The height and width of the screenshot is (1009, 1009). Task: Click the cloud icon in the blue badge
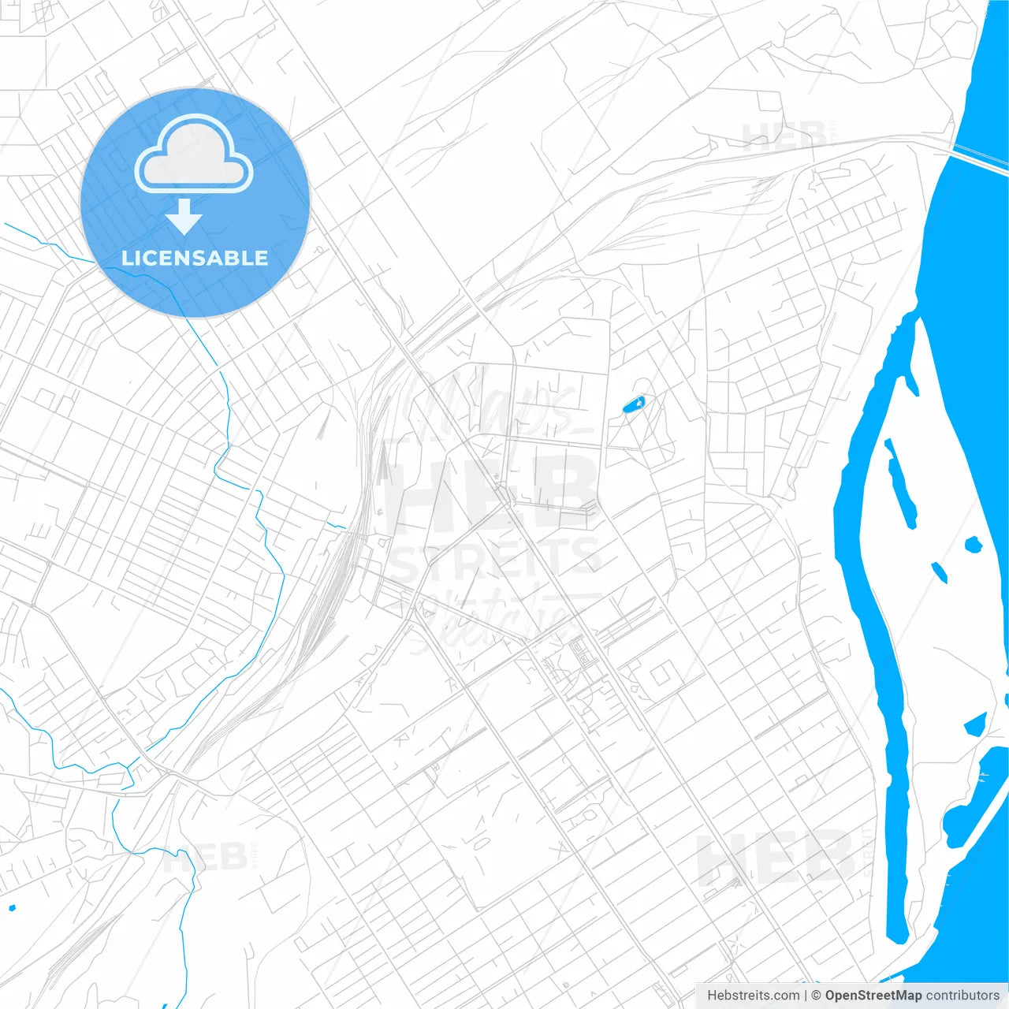pos(194,153)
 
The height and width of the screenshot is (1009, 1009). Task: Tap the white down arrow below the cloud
pos(184,217)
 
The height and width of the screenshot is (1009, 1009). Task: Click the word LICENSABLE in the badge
pos(195,258)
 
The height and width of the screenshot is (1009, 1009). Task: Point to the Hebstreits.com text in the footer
pos(753,996)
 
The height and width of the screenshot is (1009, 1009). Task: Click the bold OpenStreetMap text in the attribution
pos(873,996)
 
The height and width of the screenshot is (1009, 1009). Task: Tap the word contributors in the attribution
pos(962,996)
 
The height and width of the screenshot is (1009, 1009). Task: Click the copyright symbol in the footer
pos(816,996)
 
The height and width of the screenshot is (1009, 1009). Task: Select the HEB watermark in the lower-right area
pos(776,858)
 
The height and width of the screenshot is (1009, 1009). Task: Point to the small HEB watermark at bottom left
pos(203,857)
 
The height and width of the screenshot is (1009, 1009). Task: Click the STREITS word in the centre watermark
pos(497,559)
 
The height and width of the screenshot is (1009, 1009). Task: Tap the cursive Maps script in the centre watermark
pos(497,406)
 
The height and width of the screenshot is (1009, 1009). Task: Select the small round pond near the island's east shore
pos(974,544)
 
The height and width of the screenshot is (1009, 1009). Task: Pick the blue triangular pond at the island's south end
pos(976,724)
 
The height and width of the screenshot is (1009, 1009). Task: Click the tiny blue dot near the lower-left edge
pos(11,907)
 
